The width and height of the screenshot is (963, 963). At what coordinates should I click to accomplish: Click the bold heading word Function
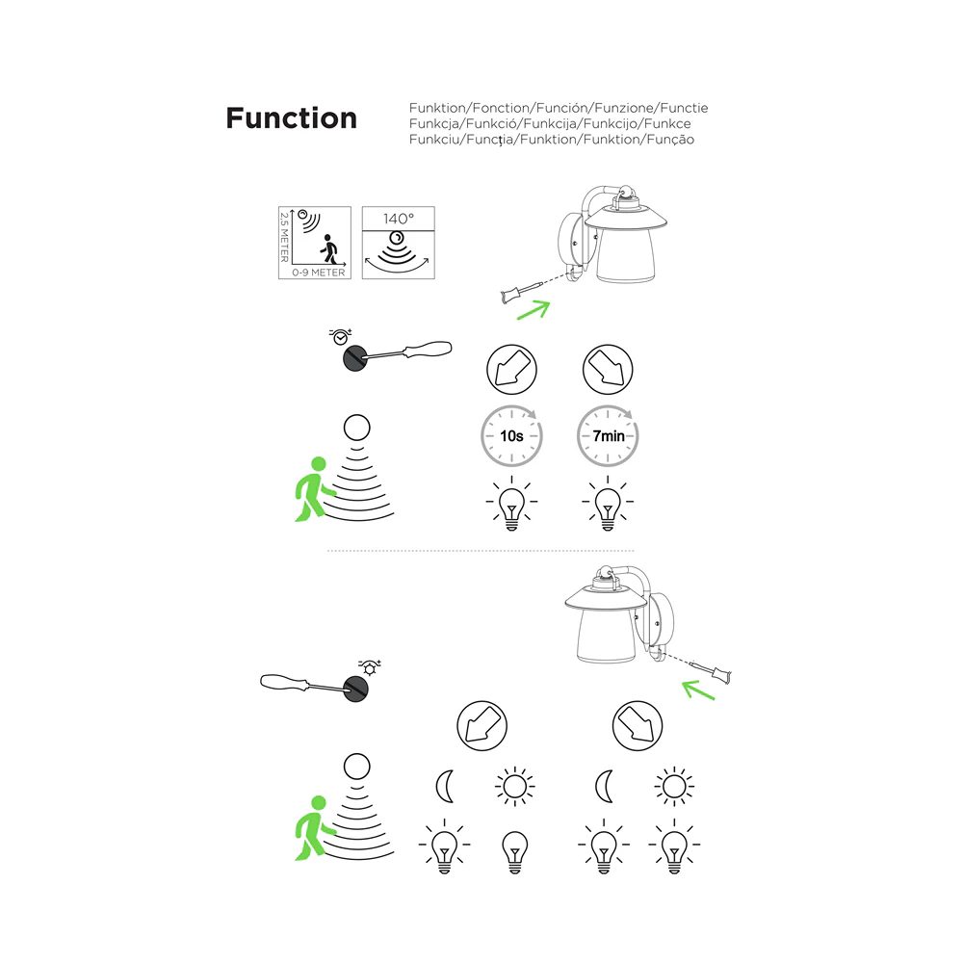pos(291,117)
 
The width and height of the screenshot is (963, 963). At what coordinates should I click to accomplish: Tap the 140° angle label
pos(399,219)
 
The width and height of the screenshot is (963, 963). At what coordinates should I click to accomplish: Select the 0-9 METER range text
pos(318,273)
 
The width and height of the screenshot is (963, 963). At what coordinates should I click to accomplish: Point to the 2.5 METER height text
pos(284,237)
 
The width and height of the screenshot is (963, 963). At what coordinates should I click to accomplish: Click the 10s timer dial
pos(511,435)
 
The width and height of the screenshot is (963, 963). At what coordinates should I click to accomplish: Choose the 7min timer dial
pos(608,435)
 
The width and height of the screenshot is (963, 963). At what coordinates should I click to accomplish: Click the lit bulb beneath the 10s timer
pos(511,503)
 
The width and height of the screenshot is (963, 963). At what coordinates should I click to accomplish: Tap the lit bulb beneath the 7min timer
pos(608,503)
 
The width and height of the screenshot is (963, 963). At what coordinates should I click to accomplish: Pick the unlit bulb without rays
pos(514,852)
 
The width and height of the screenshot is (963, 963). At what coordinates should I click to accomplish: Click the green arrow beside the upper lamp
pos(534,309)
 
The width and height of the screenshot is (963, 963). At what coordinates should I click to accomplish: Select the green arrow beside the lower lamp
pos(698,690)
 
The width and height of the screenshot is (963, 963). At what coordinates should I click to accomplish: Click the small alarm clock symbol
pos(340,336)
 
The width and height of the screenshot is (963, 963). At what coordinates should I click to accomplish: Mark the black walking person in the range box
pos(329,248)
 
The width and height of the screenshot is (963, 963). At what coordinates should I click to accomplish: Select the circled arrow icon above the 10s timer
pos(511,369)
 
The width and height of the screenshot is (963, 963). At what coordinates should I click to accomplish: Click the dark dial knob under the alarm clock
pos(355,358)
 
